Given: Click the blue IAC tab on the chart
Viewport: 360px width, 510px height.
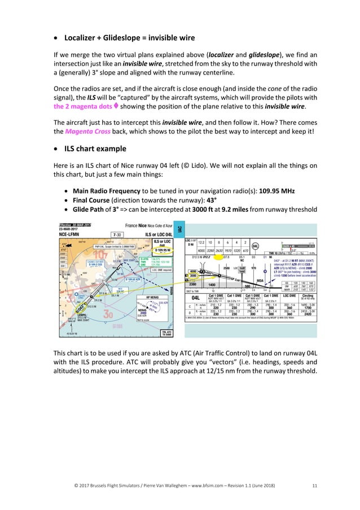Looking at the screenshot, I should click(x=179, y=229).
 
